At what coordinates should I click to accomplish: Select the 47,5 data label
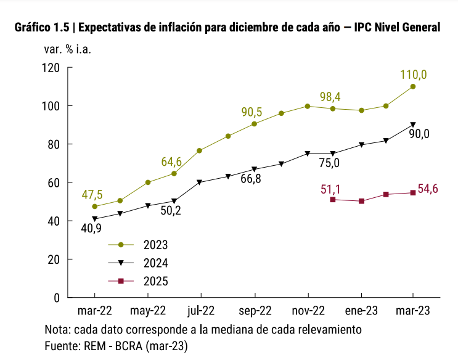click(x=92, y=195)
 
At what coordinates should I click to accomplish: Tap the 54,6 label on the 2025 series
click(x=428, y=189)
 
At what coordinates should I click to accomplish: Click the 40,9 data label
click(x=92, y=229)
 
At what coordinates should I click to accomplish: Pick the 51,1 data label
click(x=332, y=189)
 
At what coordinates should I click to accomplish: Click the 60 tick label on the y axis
click(x=53, y=182)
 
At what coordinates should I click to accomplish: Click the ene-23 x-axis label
click(x=359, y=310)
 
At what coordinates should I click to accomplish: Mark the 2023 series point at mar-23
click(x=412, y=86)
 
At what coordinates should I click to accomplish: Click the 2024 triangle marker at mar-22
click(x=94, y=219)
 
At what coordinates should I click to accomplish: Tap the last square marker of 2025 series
click(x=412, y=193)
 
